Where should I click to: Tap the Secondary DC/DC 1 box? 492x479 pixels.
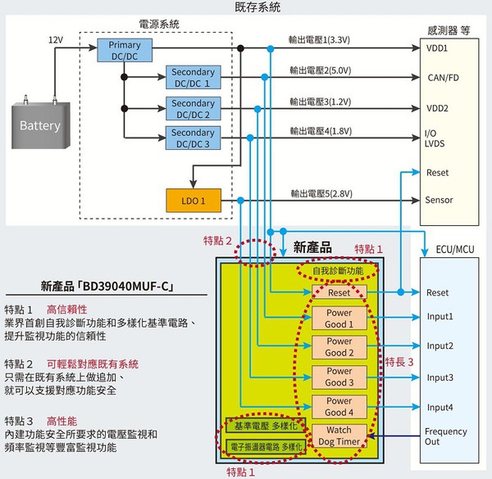[x=194, y=78]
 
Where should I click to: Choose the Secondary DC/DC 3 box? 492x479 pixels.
[x=194, y=138]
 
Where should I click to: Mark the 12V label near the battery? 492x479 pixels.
[x=55, y=39]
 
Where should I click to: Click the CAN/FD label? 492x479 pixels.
[x=443, y=79]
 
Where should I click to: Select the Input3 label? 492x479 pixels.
[x=440, y=377]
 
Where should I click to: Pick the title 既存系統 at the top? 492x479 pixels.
[x=245, y=7]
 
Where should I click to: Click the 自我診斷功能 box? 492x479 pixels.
[x=338, y=269]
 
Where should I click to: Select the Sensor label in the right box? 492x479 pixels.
[x=440, y=200]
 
